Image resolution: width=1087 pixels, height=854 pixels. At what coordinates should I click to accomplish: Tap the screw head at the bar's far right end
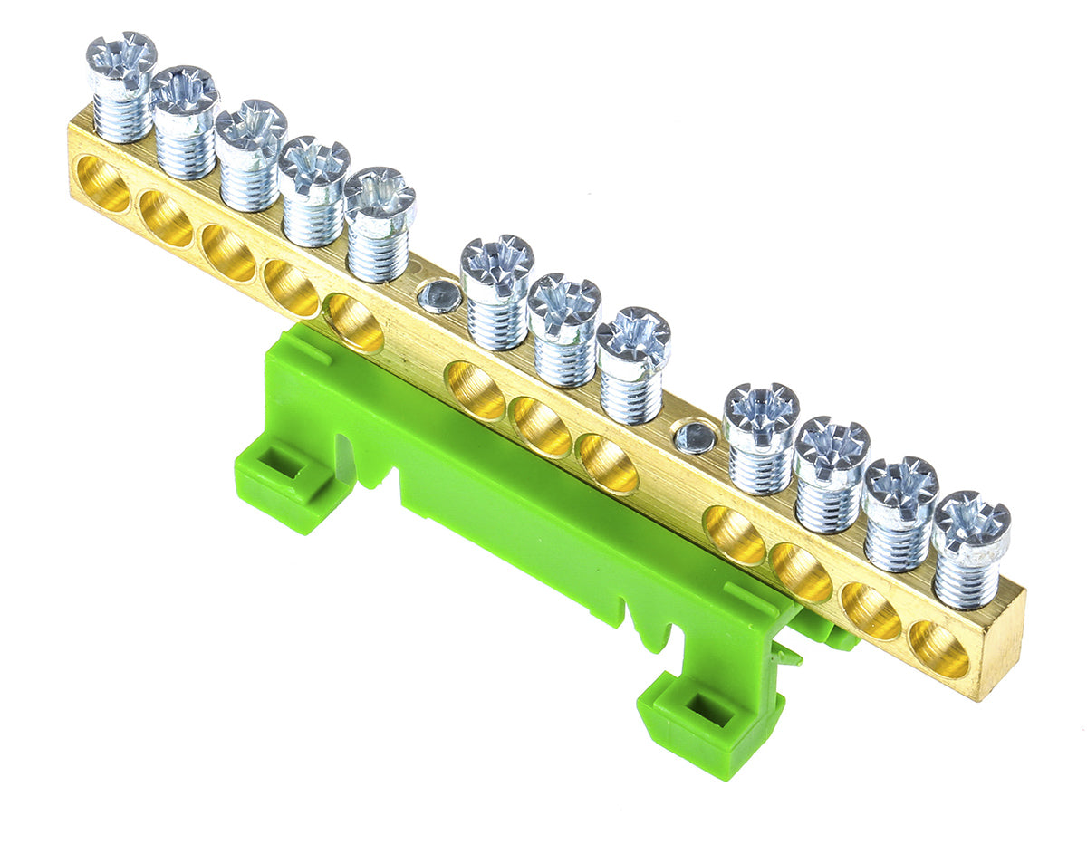click(x=971, y=518)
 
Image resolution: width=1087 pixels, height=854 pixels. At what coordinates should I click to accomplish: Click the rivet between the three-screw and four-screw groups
click(x=695, y=437)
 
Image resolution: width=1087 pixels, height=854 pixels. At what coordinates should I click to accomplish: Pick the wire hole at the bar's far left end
click(x=102, y=183)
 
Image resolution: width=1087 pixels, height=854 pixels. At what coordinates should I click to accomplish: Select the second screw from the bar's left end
click(x=186, y=91)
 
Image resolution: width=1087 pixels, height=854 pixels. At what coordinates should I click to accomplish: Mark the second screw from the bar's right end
click(x=900, y=483)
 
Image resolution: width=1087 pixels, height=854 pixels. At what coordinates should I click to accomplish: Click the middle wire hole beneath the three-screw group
click(x=541, y=427)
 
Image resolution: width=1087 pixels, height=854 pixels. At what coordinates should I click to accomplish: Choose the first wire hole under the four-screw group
click(x=735, y=535)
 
